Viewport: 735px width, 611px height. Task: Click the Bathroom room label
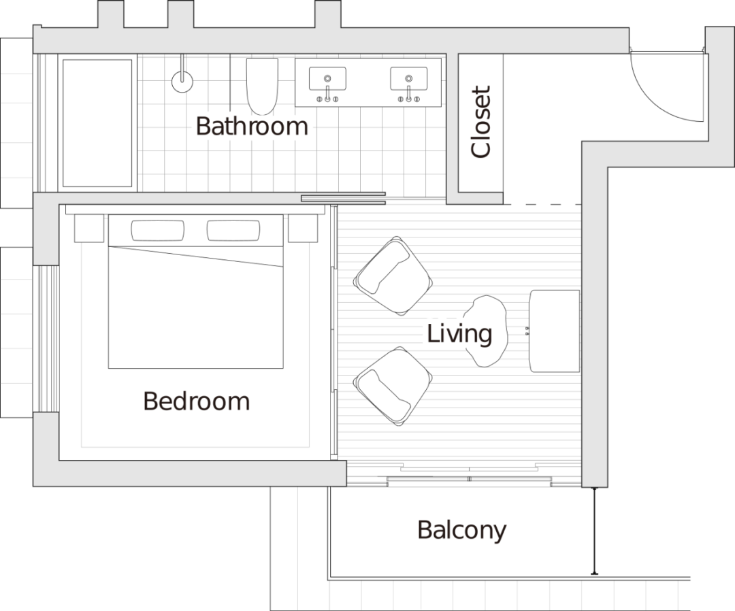[x=252, y=127]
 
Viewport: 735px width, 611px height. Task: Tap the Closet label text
[x=480, y=122]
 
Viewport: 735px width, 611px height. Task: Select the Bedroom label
[x=196, y=401]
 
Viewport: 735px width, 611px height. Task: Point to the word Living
[x=459, y=334]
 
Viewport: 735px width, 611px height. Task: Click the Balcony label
[x=462, y=530]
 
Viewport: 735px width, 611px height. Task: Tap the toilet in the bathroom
[x=262, y=84]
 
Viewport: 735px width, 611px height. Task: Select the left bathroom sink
[x=327, y=78]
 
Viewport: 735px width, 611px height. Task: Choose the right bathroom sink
[x=408, y=78]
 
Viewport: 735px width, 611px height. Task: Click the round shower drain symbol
[x=182, y=82]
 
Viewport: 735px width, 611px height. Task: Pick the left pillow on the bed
[x=157, y=230]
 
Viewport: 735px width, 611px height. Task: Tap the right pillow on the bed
[x=233, y=230]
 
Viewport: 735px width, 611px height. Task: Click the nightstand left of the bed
[x=88, y=228]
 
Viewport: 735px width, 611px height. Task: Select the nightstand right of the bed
[x=303, y=228]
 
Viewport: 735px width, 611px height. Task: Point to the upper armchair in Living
[x=393, y=276]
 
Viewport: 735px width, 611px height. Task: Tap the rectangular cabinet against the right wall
[x=554, y=331]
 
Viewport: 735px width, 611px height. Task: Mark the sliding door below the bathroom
[x=343, y=198]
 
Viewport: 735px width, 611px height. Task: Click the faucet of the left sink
[x=327, y=94]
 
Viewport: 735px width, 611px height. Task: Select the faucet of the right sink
[x=408, y=94]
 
